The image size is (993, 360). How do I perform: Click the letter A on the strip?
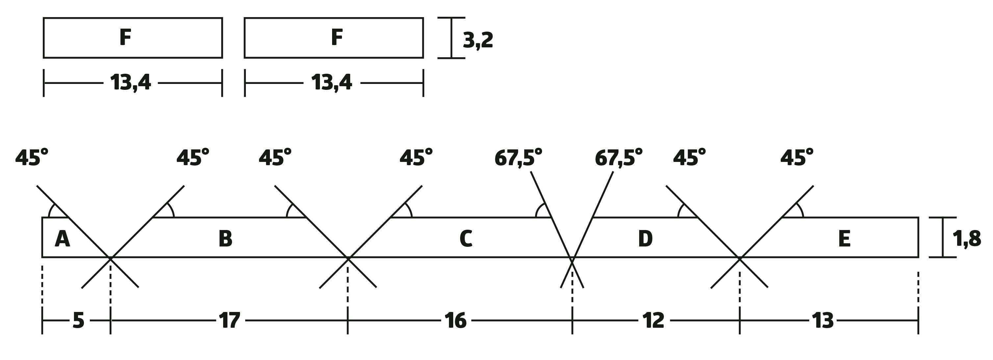click(x=63, y=239)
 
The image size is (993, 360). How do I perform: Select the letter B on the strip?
click(x=225, y=239)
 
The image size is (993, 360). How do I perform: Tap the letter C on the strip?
click(x=466, y=239)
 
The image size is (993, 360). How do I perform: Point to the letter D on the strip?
click(x=645, y=239)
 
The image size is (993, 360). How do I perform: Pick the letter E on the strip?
click(x=845, y=239)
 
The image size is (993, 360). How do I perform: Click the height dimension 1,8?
click(x=967, y=239)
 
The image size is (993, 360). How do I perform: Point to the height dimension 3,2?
click(x=478, y=40)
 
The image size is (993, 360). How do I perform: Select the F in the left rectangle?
click(x=125, y=38)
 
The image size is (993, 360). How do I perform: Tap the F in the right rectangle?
click(x=337, y=38)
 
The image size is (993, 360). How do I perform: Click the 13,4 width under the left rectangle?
click(x=130, y=83)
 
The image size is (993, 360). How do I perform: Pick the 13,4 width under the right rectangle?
click(x=331, y=83)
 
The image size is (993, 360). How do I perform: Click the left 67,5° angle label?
click(x=518, y=158)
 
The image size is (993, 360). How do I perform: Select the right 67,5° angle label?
click(x=619, y=158)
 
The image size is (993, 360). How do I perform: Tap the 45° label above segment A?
click(x=32, y=158)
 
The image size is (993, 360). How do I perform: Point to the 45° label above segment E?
click(x=797, y=158)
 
